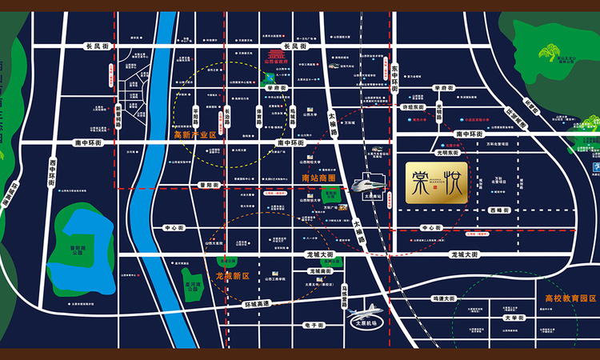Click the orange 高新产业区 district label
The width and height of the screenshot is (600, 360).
(196, 135)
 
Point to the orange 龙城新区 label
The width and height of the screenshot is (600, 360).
(233, 275)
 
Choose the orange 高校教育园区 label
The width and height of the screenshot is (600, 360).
(565, 298)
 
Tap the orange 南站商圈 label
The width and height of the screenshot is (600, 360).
(316, 177)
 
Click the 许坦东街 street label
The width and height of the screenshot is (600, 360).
(417, 106)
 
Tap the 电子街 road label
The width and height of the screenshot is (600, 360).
(314, 326)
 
